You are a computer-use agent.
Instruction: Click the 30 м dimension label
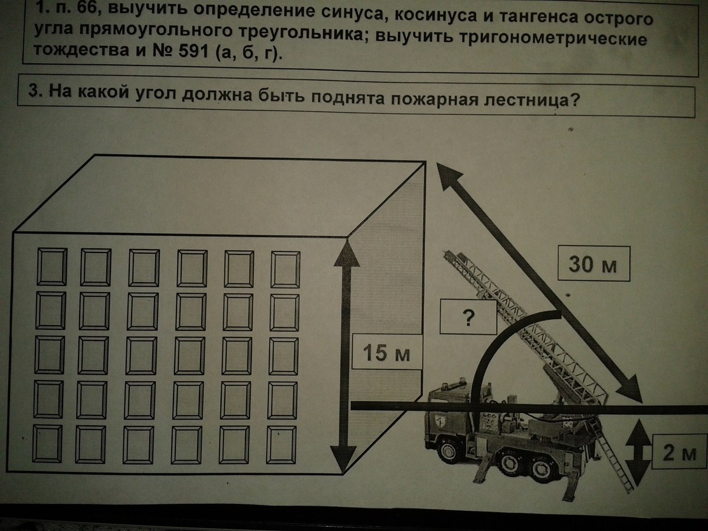click(x=594, y=264)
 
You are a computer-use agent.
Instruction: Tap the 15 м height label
click(x=386, y=352)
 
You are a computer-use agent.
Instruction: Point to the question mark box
click(x=468, y=317)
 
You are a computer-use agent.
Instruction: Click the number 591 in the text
click(x=194, y=51)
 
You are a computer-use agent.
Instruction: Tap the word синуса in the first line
click(x=350, y=14)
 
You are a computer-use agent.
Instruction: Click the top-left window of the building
click(x=52, y=266)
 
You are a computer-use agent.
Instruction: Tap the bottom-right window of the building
click(x=281, y=445)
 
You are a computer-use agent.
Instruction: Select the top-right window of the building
click(x=286, y=270)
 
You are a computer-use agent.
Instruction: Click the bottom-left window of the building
click(x=47, y=443)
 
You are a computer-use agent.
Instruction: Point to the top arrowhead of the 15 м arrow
click(x=346, y=254)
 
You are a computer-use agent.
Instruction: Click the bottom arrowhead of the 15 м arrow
click(x=343, y=460)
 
